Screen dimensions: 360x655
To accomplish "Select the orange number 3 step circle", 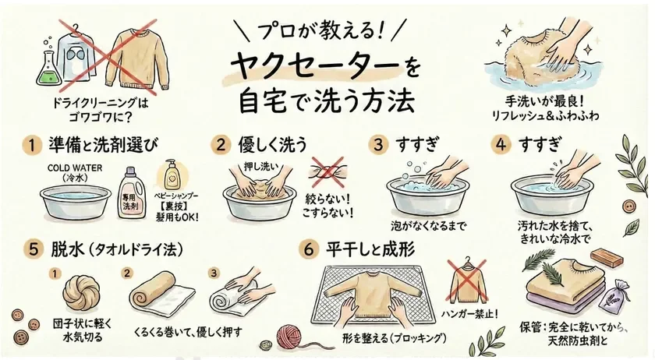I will tap(379, 145).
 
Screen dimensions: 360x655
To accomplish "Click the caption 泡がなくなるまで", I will tap(431, 227).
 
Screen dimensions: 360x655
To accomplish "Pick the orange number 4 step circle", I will tap(501, 145).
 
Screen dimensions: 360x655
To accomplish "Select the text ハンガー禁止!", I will tap(469, 315).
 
